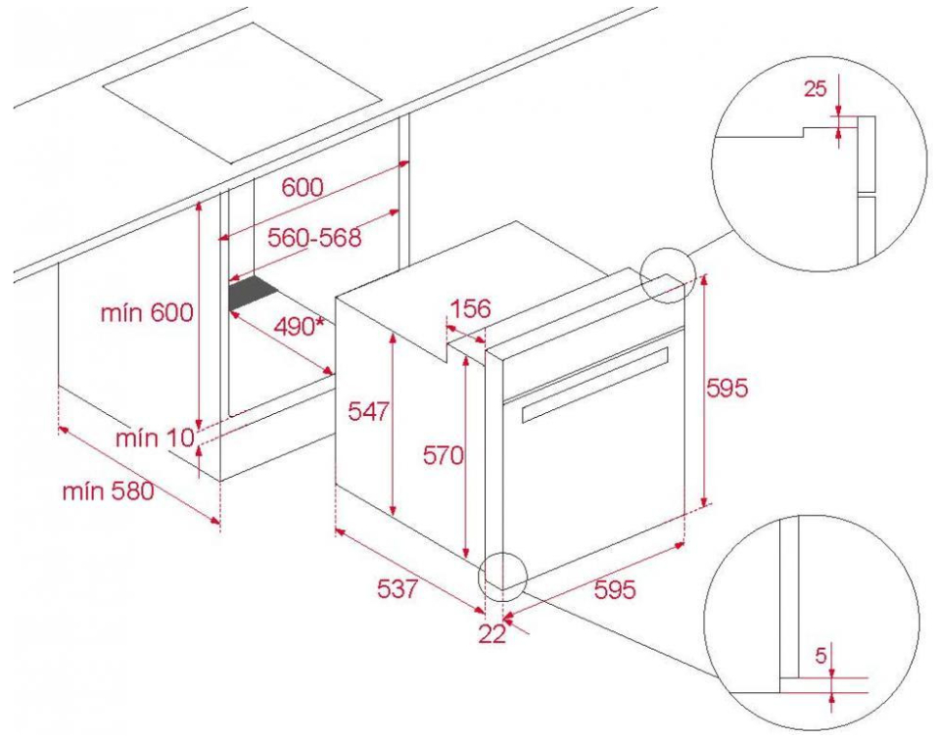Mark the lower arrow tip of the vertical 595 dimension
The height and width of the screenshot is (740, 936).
pos(705,505)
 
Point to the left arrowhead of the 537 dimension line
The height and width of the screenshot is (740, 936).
pos(337,530)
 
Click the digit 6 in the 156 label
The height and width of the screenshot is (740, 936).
pos(482,309)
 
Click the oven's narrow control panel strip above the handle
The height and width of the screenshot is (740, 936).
pos(593,359)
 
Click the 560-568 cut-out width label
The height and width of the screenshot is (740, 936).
pos(314,238)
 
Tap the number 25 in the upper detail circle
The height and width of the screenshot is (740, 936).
pos(816,88)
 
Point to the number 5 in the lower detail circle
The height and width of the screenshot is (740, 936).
pos(821,656)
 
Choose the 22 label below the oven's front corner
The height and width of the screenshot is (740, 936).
pos(492,633)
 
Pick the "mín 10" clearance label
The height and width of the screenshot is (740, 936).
pos(156,439)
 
